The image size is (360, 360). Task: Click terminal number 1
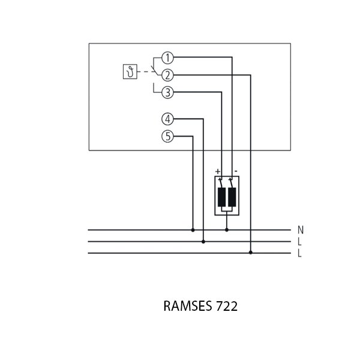tap(167, 58)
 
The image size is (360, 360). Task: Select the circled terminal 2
tap(167, 75)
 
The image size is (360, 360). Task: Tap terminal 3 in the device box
tap(167, 92)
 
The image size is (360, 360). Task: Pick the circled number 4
tap(167, 119)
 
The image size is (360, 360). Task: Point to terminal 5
tap(167, 137)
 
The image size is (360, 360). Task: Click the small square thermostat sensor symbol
tap(128, 73)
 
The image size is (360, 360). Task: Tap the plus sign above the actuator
tap(218, 171)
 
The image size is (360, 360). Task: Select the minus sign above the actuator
tap(236, 171)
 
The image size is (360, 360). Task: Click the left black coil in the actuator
tap(221, 196)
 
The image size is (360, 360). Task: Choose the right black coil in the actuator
tap(232, 196)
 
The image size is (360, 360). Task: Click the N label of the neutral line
tap(300, 230)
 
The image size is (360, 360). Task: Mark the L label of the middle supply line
tap(299, 242)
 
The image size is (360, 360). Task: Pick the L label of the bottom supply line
tap(299, 253)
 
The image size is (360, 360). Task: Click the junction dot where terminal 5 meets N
tap(193, 230)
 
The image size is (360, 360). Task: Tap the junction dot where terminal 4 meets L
tap(204, 242)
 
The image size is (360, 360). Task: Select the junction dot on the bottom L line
tap(251, 253)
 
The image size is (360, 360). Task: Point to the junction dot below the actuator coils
tap(227, 230)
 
